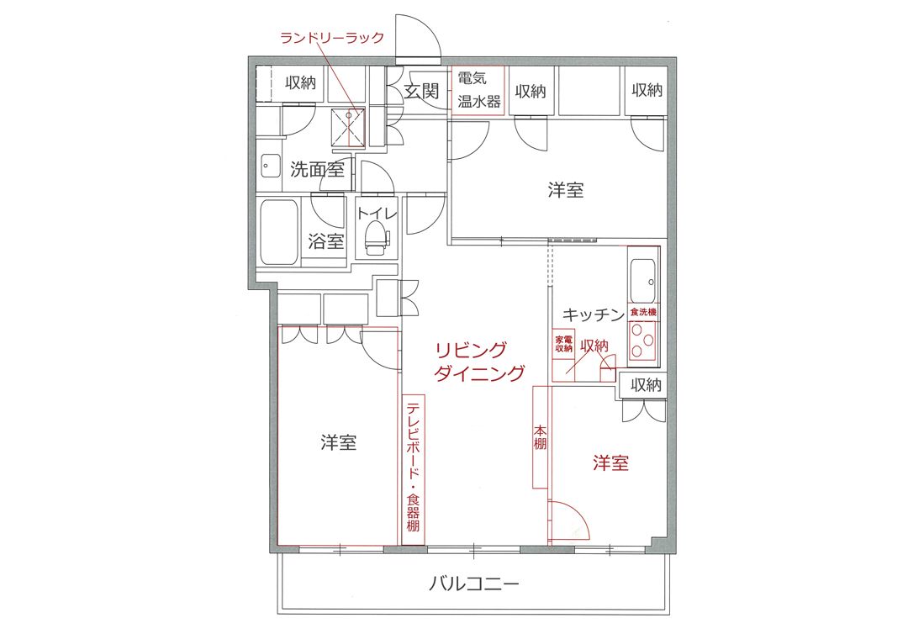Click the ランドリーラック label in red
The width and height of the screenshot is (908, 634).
(332, 38)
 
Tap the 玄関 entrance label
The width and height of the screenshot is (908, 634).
(421, 91)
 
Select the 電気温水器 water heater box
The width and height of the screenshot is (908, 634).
(478, 91)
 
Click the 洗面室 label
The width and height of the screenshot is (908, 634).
(317, 169)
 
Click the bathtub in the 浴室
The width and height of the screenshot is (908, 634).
(279, 232)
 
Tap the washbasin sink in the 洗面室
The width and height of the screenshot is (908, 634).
(269, 166)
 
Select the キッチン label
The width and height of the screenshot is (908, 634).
(594, 314)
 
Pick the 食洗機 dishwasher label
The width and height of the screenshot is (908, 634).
(643, 312)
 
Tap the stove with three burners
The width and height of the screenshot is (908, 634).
(643, 341)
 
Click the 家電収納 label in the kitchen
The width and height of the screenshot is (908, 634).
(563, 344)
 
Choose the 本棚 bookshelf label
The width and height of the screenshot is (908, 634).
(540, 437)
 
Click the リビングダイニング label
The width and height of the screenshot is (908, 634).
(479, 362)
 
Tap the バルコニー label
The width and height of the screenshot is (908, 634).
(473, 583)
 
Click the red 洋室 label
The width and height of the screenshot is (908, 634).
(610, 462)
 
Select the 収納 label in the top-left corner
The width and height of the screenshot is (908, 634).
(300, 82)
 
